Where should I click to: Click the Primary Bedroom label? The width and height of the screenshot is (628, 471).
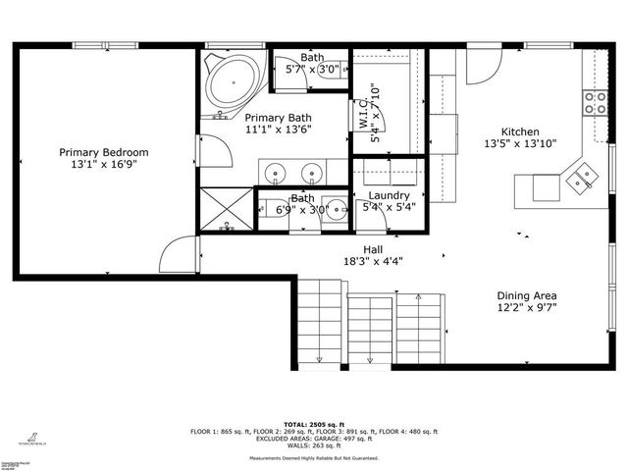[x=104, y=152]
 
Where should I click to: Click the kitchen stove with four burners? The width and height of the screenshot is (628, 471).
[x=595, y=102]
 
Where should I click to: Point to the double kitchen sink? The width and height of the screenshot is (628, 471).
[x=585, y=176]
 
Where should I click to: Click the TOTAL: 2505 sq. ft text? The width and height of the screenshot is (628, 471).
[x=314, y=423]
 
